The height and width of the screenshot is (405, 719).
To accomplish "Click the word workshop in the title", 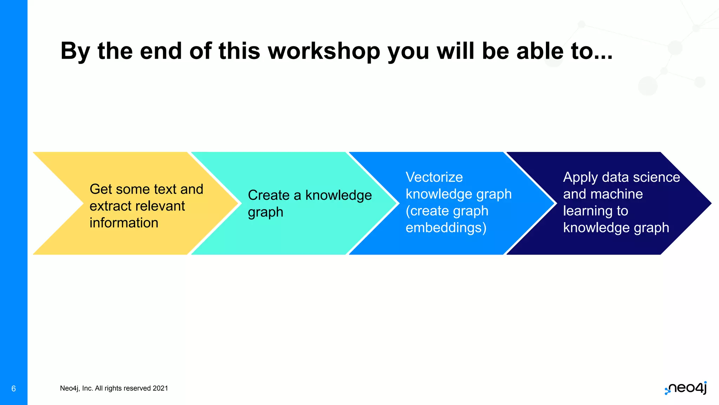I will pos(324,51).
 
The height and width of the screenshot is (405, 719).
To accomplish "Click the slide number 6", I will pos(14,388).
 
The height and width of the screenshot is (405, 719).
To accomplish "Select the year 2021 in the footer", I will pos(160,388).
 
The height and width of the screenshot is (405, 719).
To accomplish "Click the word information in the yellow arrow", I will pos(124,223).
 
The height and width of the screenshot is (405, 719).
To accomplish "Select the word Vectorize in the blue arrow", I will pos(434,177).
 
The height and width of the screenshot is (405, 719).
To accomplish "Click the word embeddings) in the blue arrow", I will pos(446,228).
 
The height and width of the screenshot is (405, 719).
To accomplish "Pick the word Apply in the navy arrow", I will pos(580,178).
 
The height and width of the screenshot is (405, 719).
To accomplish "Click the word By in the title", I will pos(75,51).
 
